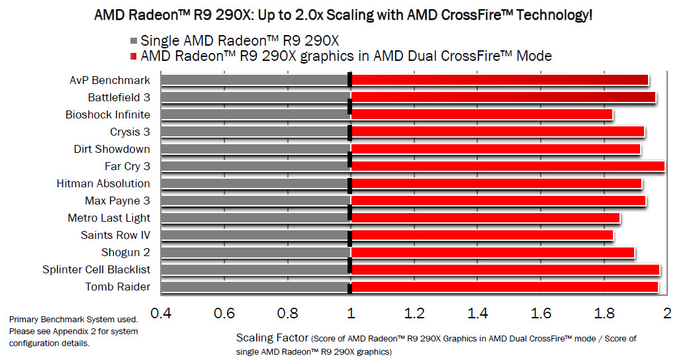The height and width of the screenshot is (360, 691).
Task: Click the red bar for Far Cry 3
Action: pos(507,166)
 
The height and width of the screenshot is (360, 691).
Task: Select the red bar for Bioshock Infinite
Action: pos(481,114)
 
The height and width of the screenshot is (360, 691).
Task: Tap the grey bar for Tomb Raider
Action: pos(255,287)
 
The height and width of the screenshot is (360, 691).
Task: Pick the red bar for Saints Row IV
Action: pos(482,235)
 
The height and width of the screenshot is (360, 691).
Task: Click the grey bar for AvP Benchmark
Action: pos(255,80)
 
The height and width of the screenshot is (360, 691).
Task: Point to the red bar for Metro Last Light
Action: pos(485,218)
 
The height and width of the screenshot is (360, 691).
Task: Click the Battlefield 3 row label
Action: pos(118,97)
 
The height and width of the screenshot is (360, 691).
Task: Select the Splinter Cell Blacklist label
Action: pos(96,269)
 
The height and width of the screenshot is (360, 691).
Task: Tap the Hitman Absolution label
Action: pos(103,183)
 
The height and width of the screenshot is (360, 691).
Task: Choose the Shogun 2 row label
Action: pos(125,252)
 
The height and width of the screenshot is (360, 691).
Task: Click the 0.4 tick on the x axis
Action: pos(160,313)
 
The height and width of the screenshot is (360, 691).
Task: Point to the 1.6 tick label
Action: pos(541,313)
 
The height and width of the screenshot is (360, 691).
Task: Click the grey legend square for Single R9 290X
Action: pos(134,41)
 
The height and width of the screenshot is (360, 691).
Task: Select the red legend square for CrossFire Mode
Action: pos(134,57)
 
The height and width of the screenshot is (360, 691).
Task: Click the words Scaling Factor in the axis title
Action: pos(272,338)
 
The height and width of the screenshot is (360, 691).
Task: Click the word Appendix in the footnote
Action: pos(70,332)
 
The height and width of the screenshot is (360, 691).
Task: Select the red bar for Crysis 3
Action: pos(497,132)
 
